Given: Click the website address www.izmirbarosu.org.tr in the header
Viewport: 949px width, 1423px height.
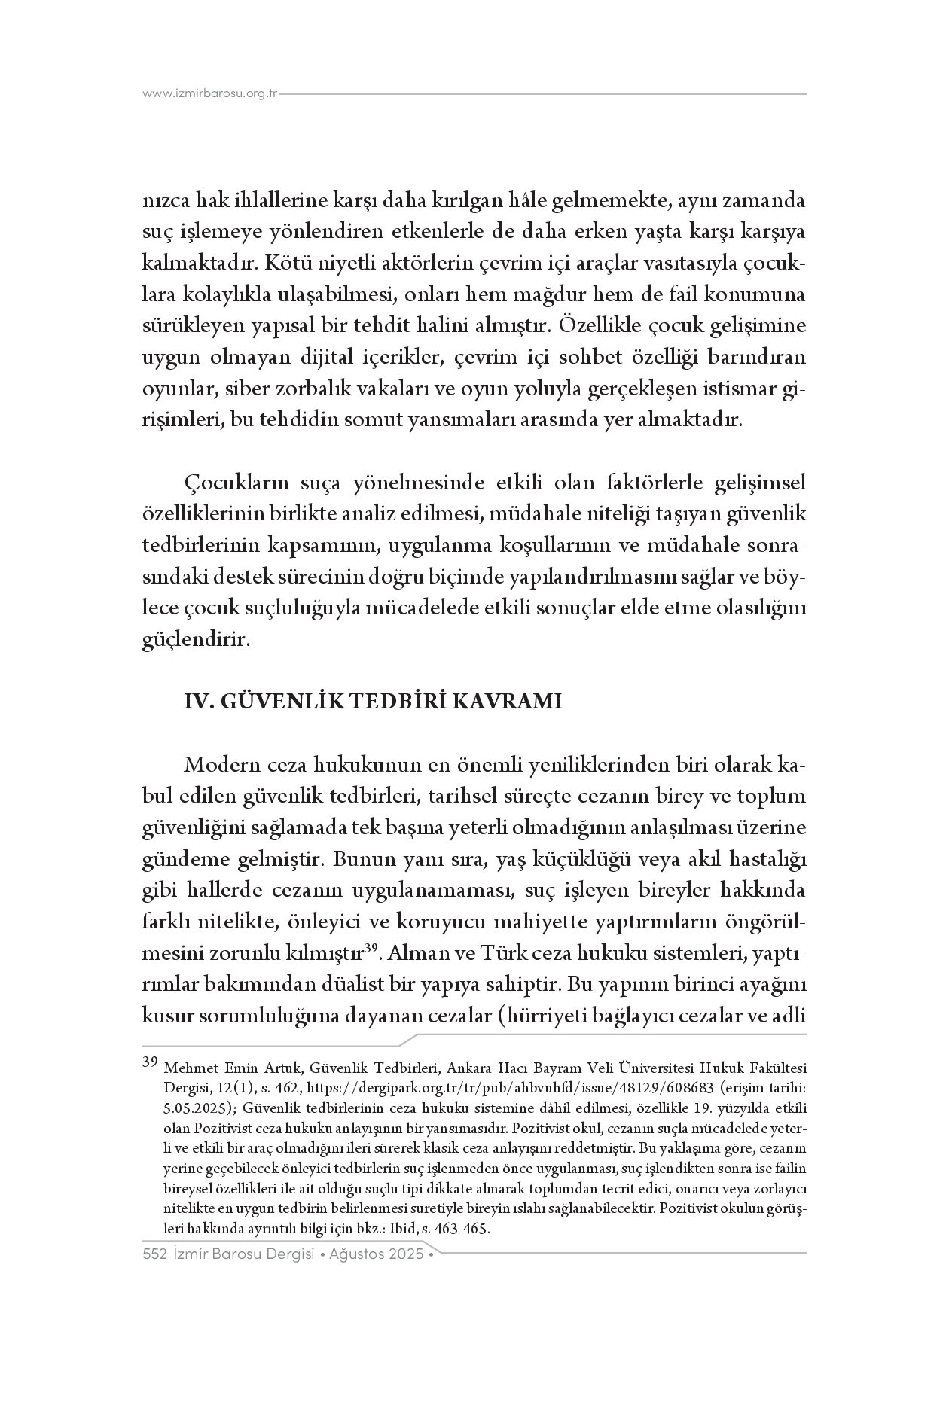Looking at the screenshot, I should click(210, 93).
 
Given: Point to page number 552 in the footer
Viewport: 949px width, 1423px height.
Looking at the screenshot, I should click(154, 1254).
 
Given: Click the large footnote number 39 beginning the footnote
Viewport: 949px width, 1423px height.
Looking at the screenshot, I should click(149, 1063).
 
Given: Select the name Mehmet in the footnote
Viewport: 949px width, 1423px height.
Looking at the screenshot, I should click(188, 1068).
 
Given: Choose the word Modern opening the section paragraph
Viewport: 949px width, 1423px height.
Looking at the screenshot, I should click(222, 765).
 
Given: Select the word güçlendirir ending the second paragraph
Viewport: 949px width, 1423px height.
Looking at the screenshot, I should click(194, 640).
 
